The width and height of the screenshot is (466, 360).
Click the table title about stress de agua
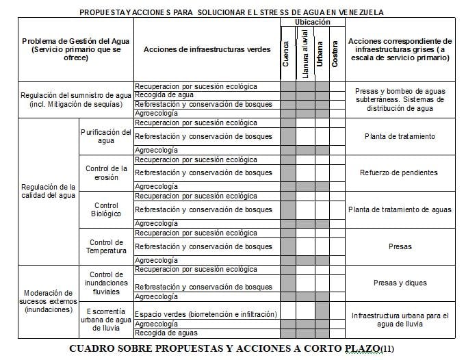(231, 12)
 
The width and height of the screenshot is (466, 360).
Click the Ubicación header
(312, 23)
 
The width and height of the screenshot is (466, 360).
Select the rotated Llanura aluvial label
(305, 54)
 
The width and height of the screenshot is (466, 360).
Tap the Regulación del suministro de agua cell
(75, 99)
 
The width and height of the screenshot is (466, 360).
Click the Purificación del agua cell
(106, 136)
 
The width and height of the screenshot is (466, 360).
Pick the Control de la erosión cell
(106, 172)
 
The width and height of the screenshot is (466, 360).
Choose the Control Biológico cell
(106, 209)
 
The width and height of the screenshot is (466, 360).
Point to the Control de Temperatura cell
(106, 246)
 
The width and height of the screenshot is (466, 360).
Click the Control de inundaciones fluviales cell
(106, 283)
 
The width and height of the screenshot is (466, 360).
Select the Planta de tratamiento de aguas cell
(400, 209)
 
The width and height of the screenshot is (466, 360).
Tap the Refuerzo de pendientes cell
(400, 172)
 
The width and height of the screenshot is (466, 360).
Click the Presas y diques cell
(400, 283)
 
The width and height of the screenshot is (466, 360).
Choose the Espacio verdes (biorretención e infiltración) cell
(206, 314)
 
